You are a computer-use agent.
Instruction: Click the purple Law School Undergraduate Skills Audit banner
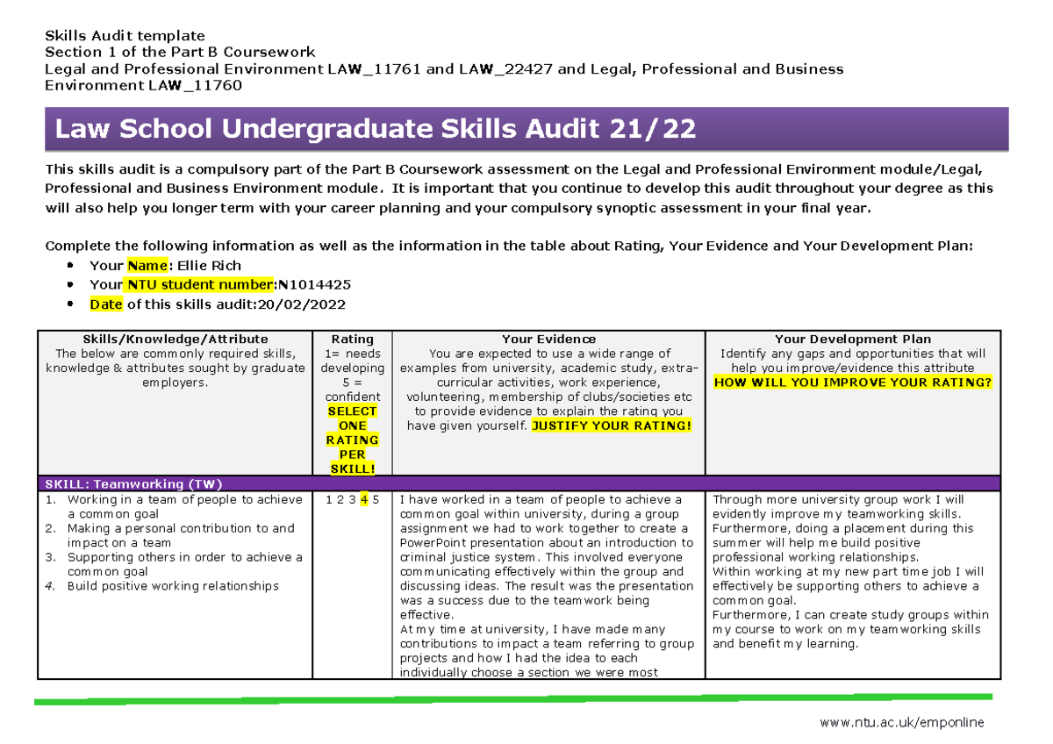pos(526,130)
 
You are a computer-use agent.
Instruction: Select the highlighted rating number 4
pos(364,500)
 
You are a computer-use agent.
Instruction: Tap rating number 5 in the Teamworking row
pos(376,500)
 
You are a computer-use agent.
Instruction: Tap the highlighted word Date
pos(105,304)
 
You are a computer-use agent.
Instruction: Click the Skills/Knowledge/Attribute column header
pos(175,339)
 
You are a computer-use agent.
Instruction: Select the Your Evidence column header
pos(548,339)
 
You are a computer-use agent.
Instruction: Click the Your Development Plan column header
pos(853,339)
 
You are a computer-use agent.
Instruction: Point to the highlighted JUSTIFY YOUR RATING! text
pos(612,426)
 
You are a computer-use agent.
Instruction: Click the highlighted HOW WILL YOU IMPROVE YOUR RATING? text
pos(853,383)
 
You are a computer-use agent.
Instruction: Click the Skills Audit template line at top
pos(125,36)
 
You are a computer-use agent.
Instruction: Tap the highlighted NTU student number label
pos(200,285)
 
